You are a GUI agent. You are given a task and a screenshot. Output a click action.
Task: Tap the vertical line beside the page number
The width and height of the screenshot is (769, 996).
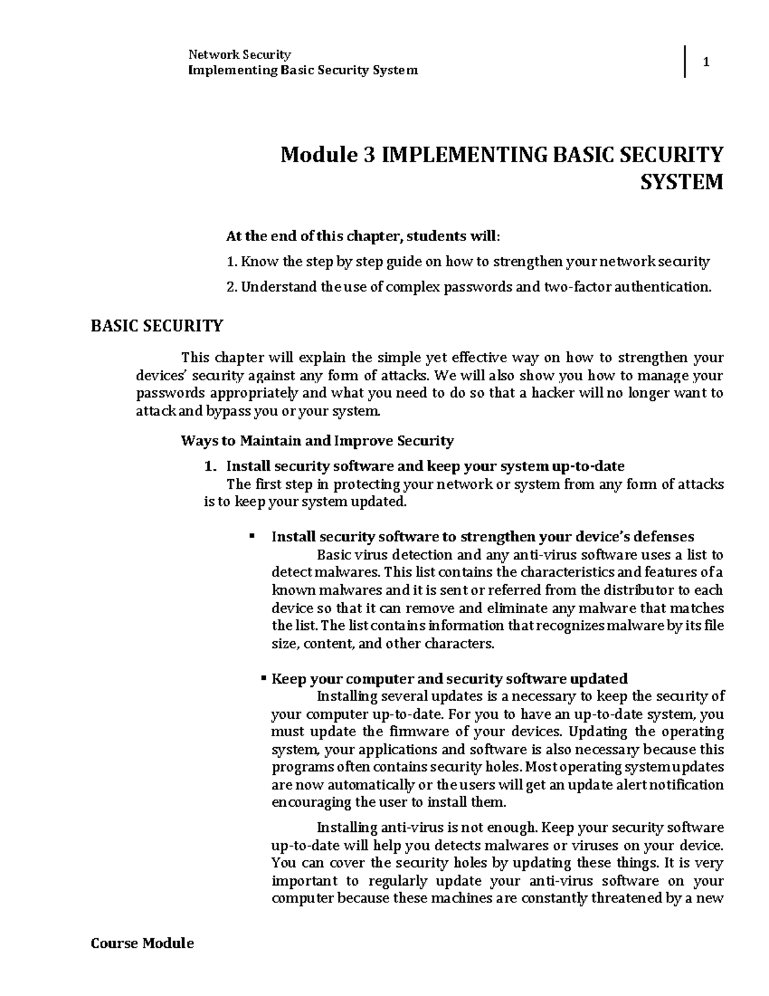[x=685, y=62]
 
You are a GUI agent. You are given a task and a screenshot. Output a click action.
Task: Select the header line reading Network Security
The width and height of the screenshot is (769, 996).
[x=238, y=55]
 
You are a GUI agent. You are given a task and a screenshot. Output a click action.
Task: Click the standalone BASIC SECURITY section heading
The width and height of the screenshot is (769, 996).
[x=156, y=326]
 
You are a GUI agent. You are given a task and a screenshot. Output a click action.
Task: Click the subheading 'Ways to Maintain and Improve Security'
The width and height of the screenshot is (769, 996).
[x=317, y=441]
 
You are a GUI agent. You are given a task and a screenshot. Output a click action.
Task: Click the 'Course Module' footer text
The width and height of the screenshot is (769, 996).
[x=142, y=943]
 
